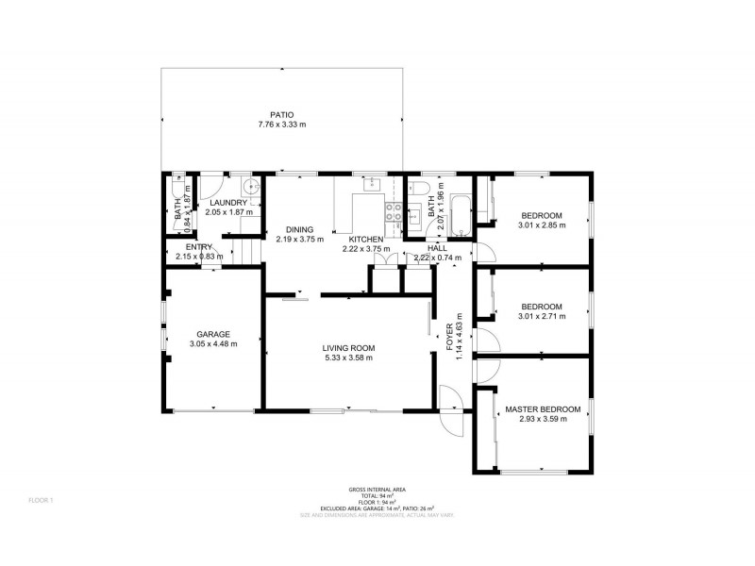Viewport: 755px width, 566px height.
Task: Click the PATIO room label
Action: pyautogui.click(x=281, y=113)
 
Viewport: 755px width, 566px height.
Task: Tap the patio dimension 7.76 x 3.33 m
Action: pyautogui.click(x=281, y=124)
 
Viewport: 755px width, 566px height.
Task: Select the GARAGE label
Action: pyautogui.click(x=213, y=334)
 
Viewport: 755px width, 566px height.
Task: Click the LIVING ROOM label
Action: pyautogui.click(x=348, y=347)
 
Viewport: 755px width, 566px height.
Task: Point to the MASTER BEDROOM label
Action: pyautogui.click(x=535, y=408)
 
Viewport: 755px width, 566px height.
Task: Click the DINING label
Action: pyautogui.click(x=299, y=229)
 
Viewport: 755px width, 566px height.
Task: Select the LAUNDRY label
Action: pyautogui.click(x=227, y=203)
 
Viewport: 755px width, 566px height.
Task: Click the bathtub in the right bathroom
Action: pyautogui.click(x=460, y=217)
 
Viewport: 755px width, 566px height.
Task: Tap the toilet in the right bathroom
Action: pyautogui.click(x=422, y=184)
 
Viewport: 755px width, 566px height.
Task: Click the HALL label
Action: pyautogui.click(x=437, y=247)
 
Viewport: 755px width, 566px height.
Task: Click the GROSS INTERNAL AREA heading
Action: pyautogui.click(x=377, y=490)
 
